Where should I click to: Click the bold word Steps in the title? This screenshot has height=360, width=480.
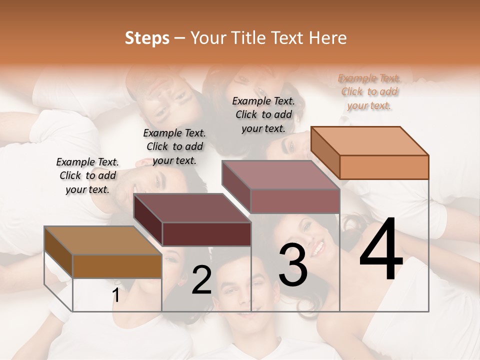[147, 38]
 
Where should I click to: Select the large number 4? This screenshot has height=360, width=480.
[381, 249]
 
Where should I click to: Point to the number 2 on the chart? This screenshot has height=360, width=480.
[201, 280]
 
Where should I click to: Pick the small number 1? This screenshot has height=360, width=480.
[116, 295]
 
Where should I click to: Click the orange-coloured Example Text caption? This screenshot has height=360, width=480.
[369, 91]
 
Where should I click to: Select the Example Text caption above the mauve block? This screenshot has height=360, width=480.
[263, 114]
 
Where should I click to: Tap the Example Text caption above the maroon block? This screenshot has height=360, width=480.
[174, 146]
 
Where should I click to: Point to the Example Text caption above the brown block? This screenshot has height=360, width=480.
[87, 175]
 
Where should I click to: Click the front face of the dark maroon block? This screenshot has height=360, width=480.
[206, 234]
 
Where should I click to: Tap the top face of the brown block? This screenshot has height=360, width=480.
[102, 240]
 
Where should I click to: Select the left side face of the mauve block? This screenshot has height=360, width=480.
[236, 186]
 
